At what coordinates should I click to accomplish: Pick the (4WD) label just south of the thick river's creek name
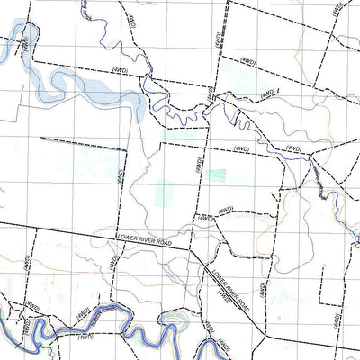(85, 337)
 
